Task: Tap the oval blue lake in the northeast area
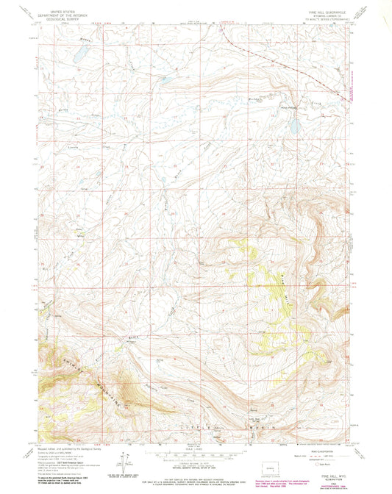point(294,126)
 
